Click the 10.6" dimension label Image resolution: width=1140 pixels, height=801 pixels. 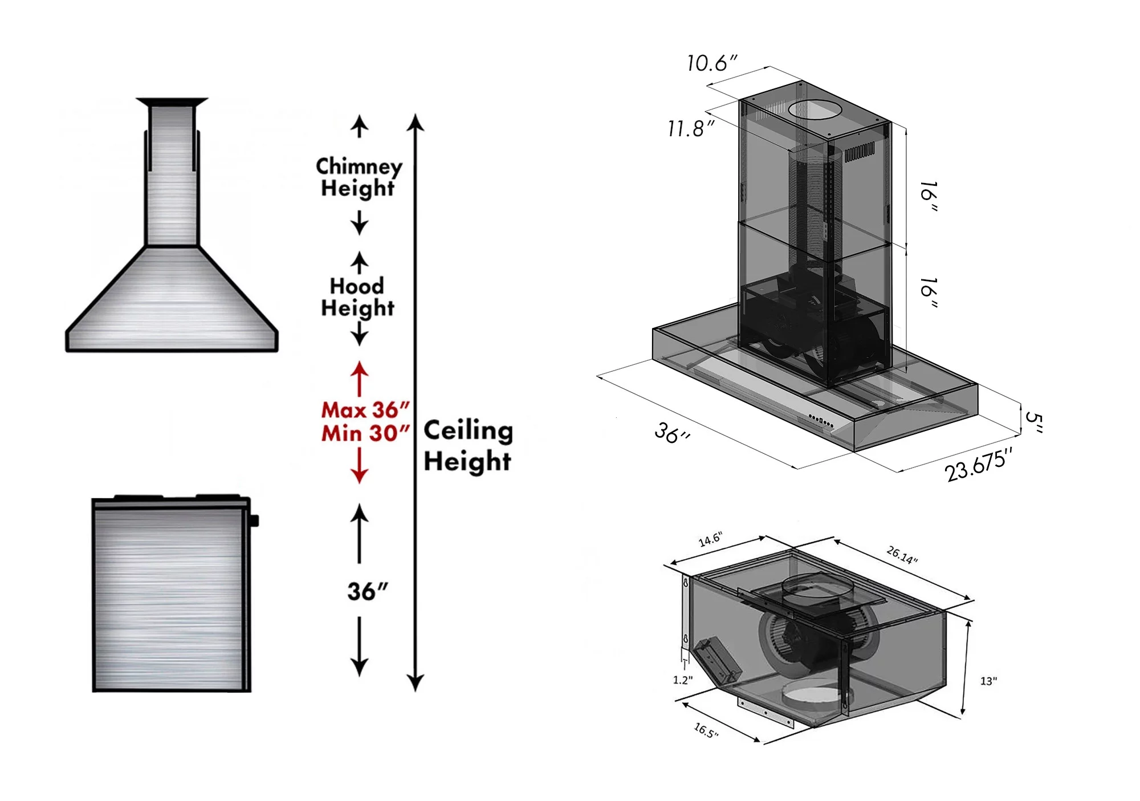click(x=712, y=63)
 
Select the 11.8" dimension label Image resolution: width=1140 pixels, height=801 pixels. click(x=691, y=129)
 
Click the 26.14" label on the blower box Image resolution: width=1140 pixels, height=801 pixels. click(x=902, y=554)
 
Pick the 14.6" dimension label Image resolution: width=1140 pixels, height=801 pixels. click(x=710, y=539)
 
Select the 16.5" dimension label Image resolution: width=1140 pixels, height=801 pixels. click(x=706, y=730)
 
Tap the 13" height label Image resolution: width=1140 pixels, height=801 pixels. click(x=988, y=681)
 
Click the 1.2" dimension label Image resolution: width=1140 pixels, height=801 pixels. click(x=683, y=680)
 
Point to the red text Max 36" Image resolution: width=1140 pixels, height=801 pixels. click(x=365, y=409)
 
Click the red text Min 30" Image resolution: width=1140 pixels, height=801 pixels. click(x=365, y=433)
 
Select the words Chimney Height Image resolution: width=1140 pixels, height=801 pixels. click(x=359, y=177)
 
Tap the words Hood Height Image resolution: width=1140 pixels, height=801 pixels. click(x=357, y=296)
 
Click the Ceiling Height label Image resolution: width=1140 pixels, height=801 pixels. click(x=468, y=445)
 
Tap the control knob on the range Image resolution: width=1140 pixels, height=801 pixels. click(x=254, y=521)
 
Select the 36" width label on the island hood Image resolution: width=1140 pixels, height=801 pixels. click(x=672, y=433)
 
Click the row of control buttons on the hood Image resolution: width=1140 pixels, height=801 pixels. click(x=821, y=421)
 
